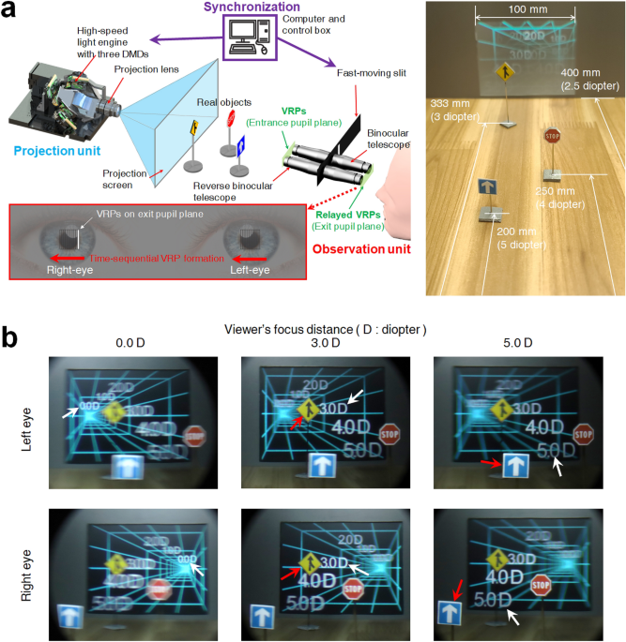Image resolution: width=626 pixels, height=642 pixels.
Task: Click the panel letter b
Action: [x=14, y=336]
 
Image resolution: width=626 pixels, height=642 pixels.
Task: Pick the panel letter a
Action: [x=13, y=13]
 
